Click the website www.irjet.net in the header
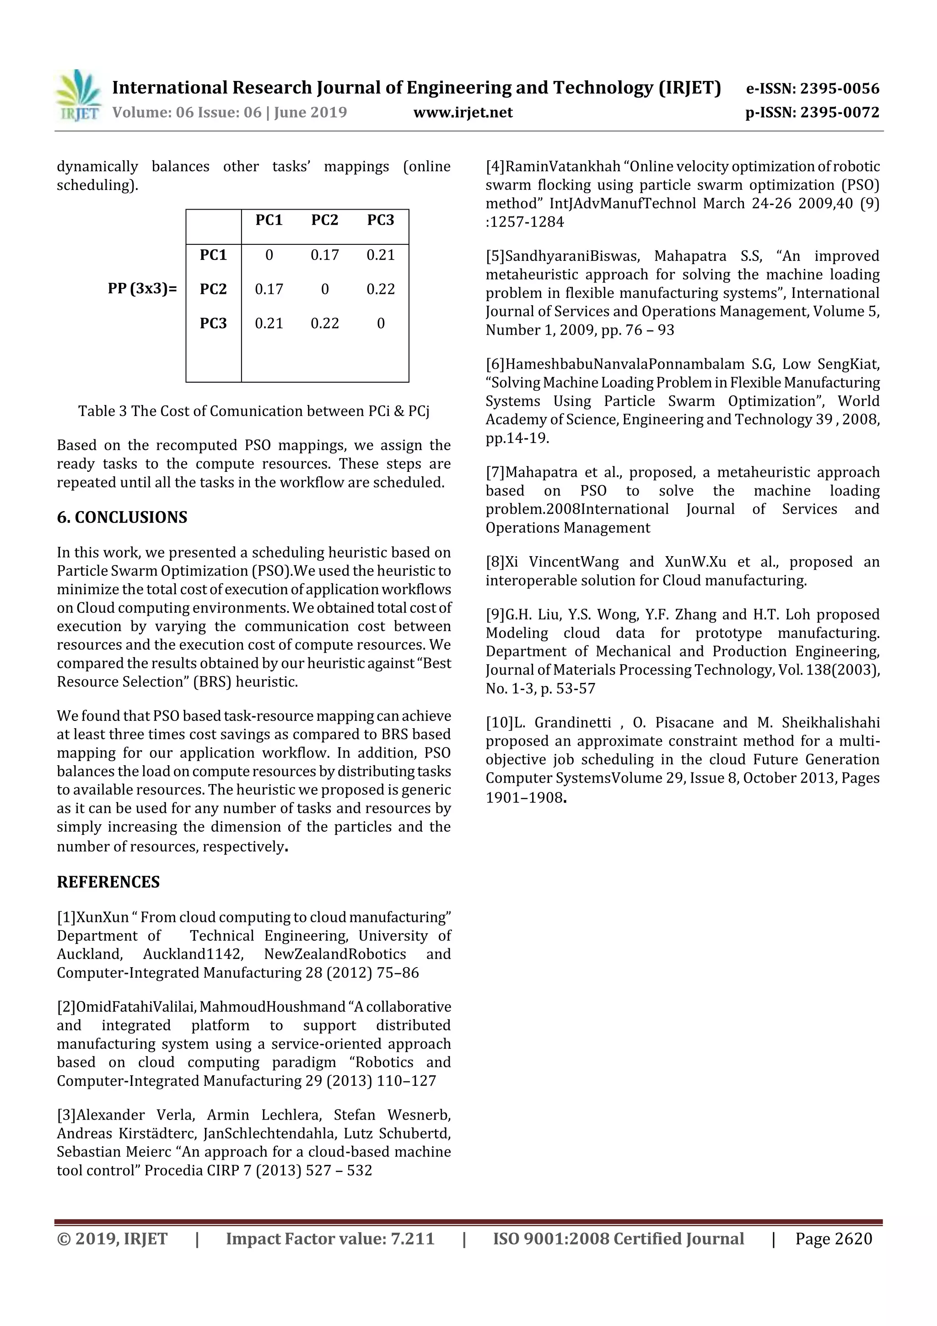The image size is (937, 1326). (x=463, y=113)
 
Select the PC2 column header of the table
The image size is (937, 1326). (x=324, y=220)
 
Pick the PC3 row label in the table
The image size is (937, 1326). (x=213, y=324)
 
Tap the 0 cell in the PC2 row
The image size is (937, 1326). (x=324, y=289)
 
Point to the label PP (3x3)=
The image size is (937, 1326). (x=142, y=289)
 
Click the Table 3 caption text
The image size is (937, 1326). (x=253, y=411)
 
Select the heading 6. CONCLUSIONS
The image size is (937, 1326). (x=122, y=517)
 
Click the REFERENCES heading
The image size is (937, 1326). (x=108, y=882)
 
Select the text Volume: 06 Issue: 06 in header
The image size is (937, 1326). (x=187, y=113)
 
